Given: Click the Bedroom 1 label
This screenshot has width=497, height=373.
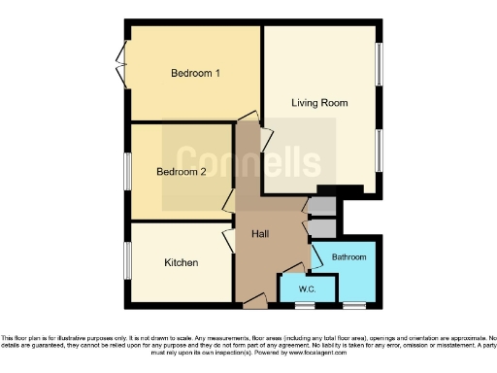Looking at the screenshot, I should (x=195, y=74).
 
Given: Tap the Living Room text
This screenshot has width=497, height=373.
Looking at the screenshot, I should (x=319, y=102).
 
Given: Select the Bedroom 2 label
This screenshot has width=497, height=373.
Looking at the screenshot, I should (x=182, y=172).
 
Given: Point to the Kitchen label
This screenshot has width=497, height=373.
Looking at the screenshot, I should (x=181, y=263).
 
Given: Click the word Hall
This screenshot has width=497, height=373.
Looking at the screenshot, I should (x=260, y=234).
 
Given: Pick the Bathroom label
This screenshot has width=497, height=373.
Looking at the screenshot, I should (x=348, y=257).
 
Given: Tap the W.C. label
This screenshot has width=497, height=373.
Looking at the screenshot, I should (x=307, y=288).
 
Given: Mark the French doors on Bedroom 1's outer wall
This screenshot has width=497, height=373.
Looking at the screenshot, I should (x=120, y=64).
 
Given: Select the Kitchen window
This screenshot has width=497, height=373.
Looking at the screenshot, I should (x=126, y=260).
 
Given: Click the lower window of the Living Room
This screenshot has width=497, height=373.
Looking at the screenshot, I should (x=380, y=152).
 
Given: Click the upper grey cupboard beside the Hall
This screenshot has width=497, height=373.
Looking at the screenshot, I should (x=321, y=205).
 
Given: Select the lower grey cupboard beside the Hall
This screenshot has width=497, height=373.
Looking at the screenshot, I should (x=321, y=226).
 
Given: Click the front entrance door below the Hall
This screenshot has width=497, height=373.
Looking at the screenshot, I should (x=255, y=304).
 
